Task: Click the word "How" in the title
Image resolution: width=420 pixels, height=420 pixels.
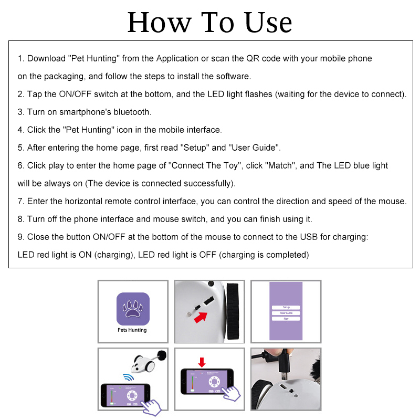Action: pos(157,22)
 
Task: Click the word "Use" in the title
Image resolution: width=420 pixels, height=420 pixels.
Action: pos(267,22)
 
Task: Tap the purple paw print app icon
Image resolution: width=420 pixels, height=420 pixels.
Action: pos(132,309)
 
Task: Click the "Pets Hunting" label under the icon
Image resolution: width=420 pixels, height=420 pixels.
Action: pos(132,330)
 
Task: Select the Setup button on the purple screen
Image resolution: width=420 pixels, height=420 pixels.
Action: pos(286,307)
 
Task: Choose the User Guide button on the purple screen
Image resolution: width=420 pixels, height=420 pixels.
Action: pos(286,313)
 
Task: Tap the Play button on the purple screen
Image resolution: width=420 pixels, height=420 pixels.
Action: pos(286,319)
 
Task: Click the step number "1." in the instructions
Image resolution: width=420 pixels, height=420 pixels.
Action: pos(21,58)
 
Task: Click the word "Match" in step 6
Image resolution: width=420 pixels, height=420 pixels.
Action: pos(281,165)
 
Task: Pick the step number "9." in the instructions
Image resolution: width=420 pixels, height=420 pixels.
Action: pos(21,237)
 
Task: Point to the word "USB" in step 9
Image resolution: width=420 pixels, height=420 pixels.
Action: pos(308,237)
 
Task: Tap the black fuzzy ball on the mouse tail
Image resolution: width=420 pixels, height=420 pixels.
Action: pos(161,355)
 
